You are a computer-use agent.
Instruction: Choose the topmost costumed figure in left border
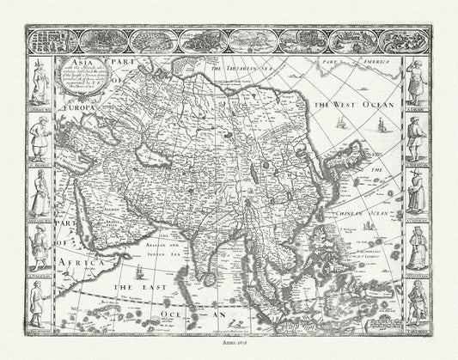coord(40,78)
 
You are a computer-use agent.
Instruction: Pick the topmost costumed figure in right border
coord(418,78)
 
